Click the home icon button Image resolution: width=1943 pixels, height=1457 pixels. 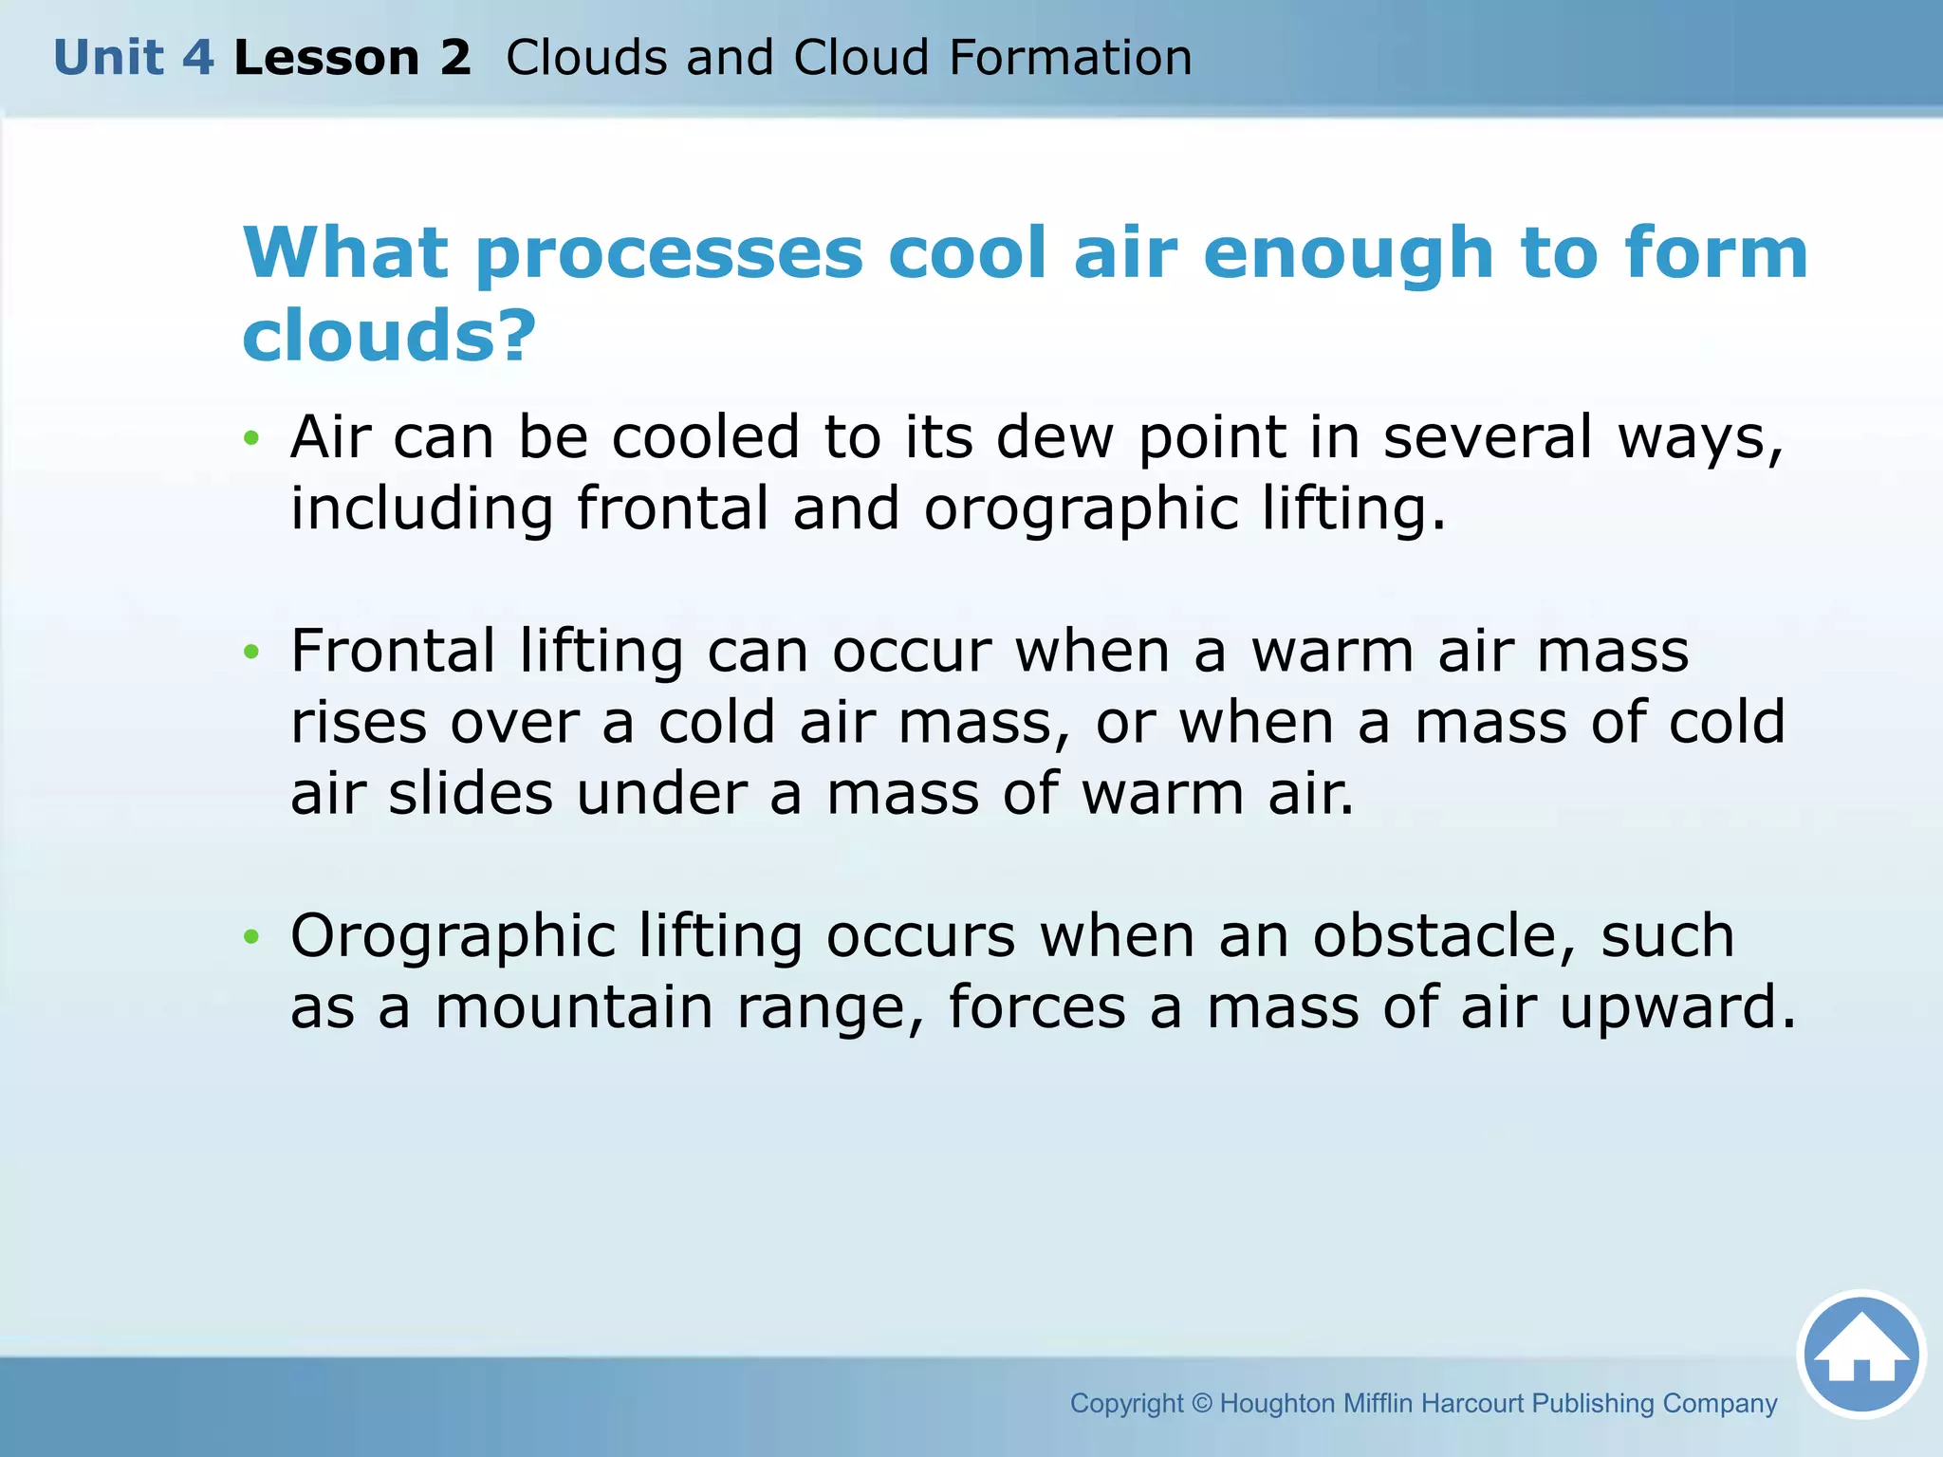click(1860, 1354)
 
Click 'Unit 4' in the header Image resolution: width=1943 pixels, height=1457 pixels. click(134, 58)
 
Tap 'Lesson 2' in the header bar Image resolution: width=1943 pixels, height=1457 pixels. click(352, 58)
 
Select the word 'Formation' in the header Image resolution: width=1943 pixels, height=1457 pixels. click(1070, 58)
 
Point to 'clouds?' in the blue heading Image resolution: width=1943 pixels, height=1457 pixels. click(389, 336)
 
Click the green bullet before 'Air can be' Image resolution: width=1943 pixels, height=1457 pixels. click(250, 438)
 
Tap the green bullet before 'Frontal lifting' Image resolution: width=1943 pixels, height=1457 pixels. click(250, 652)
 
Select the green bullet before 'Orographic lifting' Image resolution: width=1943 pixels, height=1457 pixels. click(250, 937)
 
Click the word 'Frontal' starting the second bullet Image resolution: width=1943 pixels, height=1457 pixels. click(392, 652)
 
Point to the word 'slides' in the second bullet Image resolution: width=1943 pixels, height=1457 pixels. click(470, 794)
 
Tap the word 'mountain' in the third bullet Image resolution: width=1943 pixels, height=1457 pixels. click(573, 1007)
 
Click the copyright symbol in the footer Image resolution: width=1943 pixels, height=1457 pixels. click(1201, 1403)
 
